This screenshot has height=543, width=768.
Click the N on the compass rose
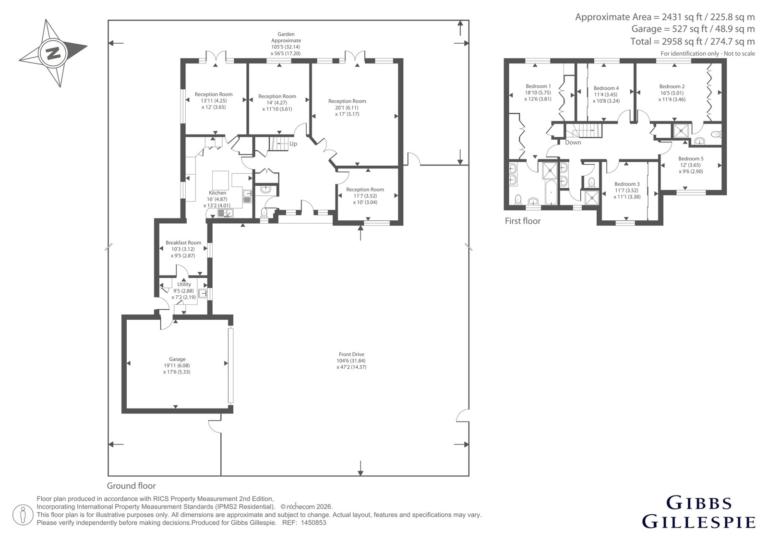[53, 54]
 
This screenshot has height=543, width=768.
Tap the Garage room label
[177, 359]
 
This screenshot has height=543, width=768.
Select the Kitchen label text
[217, 193]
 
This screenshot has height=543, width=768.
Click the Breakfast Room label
[183, 243]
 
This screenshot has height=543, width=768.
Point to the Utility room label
[184, 284]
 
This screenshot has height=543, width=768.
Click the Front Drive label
[351, 354]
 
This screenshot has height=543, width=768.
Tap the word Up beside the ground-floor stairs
[293, 144]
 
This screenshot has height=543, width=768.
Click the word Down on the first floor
[573, 143]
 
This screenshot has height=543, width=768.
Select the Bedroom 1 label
[538, 86]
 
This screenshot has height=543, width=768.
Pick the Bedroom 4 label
[606, 88]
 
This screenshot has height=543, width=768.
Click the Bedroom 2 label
[672, 87]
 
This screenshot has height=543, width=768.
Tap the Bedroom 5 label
[691, 159]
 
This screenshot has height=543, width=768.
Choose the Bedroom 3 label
[627, 184]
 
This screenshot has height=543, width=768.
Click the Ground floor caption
[132, 486]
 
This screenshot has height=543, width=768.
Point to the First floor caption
[523, 221]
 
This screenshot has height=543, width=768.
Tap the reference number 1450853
[313, 523]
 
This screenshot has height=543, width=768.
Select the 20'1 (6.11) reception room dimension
[347, 108]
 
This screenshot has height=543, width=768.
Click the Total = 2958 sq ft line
[692, 41]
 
